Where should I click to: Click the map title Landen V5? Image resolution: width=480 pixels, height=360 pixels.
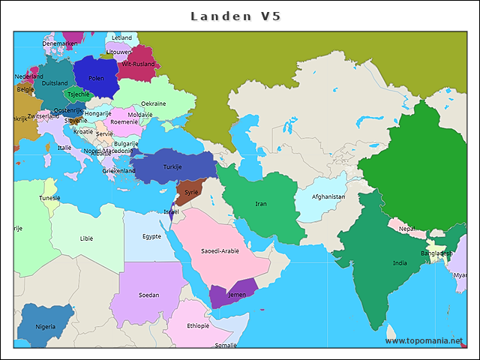(x=235, y=16)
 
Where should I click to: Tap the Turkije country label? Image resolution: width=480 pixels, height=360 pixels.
(x=172, y=166)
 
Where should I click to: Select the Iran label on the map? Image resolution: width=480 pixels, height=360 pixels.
(x=261, y=204)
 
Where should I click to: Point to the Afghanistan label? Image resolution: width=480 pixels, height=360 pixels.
(x=328, y=197)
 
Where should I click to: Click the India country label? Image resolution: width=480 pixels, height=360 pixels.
(x=400, y=263)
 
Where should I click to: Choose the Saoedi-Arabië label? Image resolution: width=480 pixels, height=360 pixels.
(x=220, y=251)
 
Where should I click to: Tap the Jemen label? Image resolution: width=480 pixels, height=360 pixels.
(x=236, y=295)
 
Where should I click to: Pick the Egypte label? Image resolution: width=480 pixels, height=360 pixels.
(x=151, y=236)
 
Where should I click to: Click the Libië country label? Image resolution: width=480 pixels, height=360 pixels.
(x=87, y=238)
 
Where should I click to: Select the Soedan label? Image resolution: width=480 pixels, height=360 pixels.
(x=148, y=295)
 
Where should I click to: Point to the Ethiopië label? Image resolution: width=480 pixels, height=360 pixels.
(x=198, y=326)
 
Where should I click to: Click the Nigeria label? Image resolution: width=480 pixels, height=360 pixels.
(x=46, y=327)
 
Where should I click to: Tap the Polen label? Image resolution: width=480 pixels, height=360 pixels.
(x=96, y=78)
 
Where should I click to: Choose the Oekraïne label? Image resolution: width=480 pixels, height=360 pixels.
(x=154, y=103)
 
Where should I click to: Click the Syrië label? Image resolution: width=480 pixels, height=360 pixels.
(x=191, y=192)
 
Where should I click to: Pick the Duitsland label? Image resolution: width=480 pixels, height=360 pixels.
(x=54, y=83)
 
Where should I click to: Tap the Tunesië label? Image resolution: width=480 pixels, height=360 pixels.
(x=50, y=198)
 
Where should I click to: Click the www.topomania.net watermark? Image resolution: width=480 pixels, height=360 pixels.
(x=424, y=340)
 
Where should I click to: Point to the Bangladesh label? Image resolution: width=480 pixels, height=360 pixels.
(x=436, y=253)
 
